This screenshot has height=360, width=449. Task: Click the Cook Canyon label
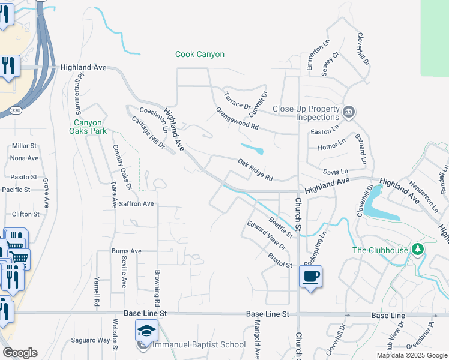click(200, 55)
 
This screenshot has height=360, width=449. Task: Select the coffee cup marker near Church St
click(310, 277)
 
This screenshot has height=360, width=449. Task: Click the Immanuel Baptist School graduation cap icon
click(146, 331)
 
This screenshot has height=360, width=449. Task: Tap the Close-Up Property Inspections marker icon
click(349, 112)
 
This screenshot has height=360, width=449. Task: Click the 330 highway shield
click(16, 110)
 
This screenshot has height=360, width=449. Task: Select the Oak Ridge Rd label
click(255, 170)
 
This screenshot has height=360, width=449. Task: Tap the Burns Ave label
click(126, 251)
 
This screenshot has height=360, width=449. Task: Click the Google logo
click(20, 353)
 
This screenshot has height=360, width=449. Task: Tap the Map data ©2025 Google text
click(411, 355)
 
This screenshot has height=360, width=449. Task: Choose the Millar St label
click(24, 146)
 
